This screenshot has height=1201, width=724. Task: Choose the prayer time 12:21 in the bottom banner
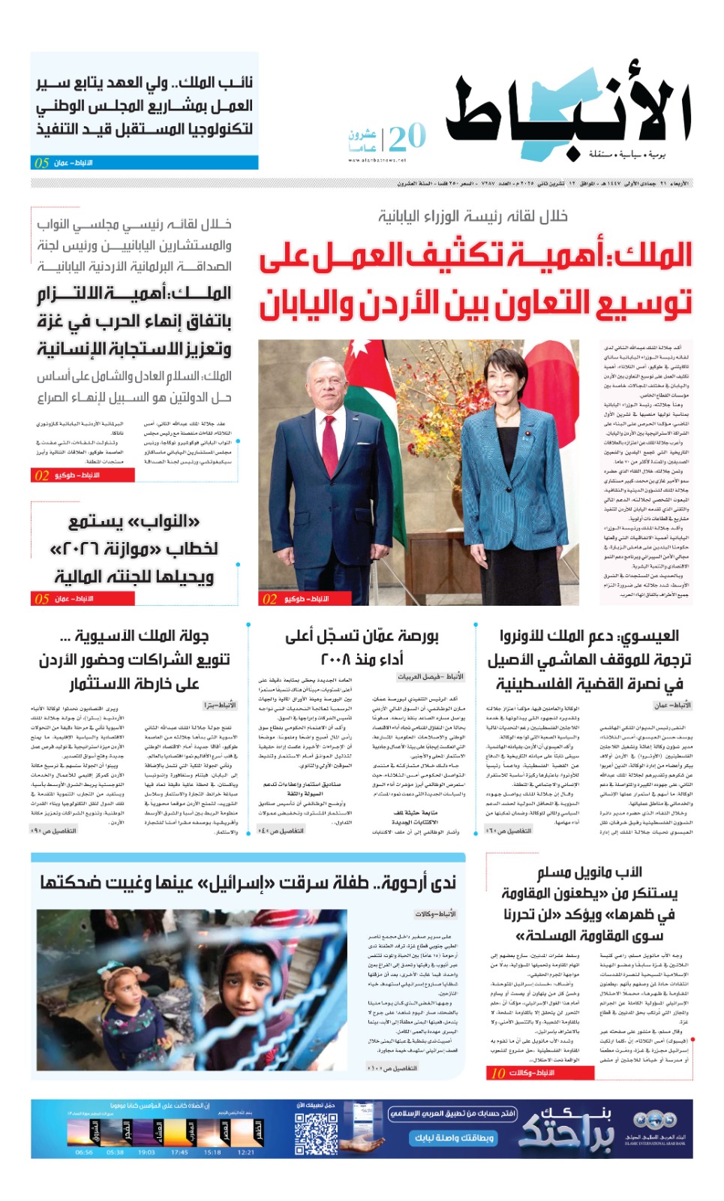point(245,1152)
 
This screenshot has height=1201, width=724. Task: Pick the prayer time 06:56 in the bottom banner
point(84,1152)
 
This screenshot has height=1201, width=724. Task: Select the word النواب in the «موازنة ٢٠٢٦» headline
point(171,522)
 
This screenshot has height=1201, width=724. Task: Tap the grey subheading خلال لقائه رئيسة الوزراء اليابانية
point(473,217)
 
